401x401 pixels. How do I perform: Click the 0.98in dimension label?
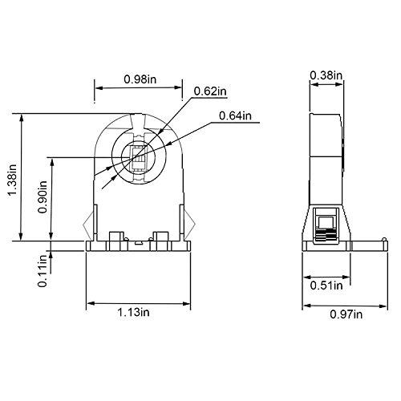coord(139,79)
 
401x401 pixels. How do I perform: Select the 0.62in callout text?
coord(209,92)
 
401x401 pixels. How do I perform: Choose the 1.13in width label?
coord(134,313)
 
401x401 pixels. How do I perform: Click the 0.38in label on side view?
coord(326,75)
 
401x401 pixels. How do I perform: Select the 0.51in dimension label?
coord(326,284)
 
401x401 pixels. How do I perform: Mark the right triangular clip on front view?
coord(189,224)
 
